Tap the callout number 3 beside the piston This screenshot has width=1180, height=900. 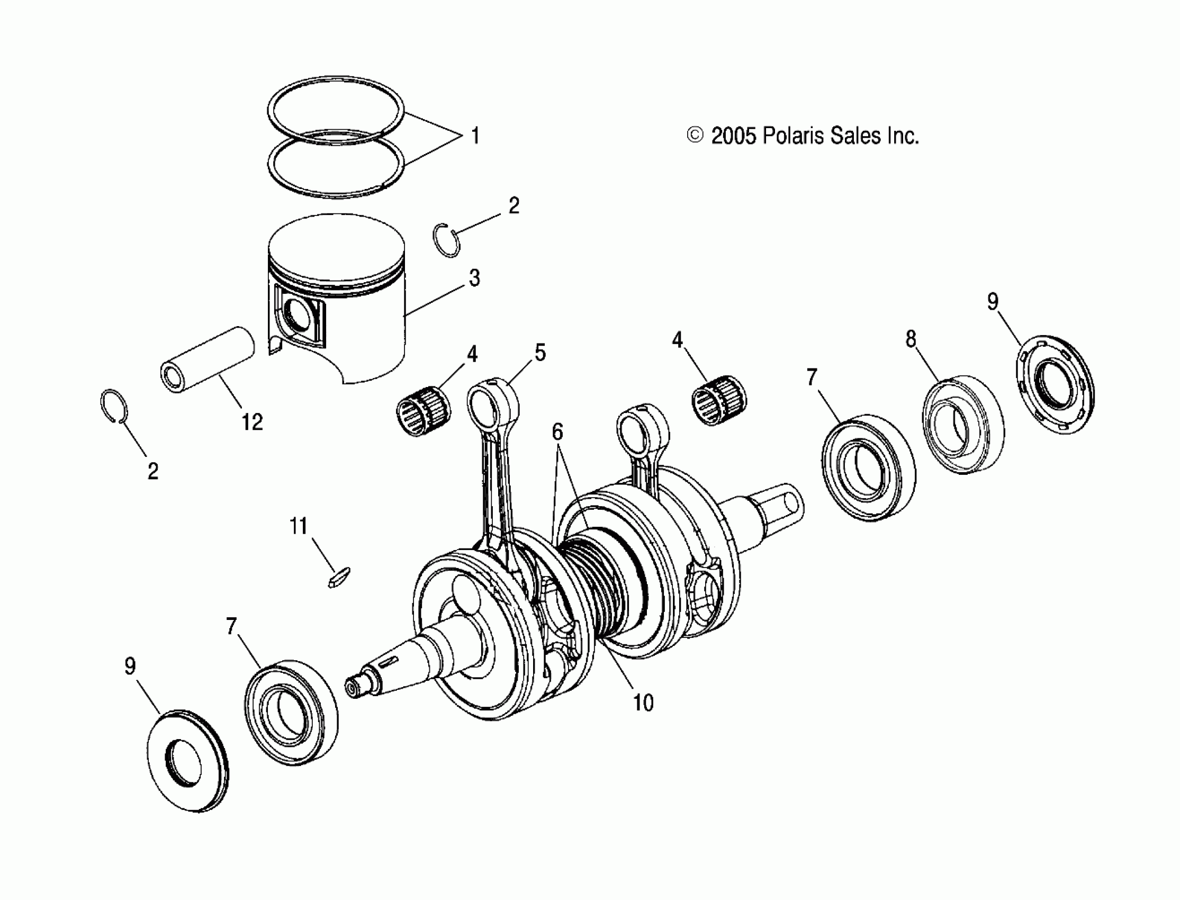coord(474,278)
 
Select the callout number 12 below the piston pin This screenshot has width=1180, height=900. coord(252,422)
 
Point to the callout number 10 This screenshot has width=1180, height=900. coord(643,703)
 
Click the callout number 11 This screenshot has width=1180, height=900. coord(299,526)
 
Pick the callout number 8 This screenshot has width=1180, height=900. coord(911,339)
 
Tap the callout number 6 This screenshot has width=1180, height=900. coord(557,432)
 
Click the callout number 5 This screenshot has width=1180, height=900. coord(540,353)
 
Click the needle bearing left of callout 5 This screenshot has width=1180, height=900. coord(423,410)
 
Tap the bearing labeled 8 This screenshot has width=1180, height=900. coord(962,424)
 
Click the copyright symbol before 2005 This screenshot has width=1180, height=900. coord(695,136)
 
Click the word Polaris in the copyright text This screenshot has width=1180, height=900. coord(792,136)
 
